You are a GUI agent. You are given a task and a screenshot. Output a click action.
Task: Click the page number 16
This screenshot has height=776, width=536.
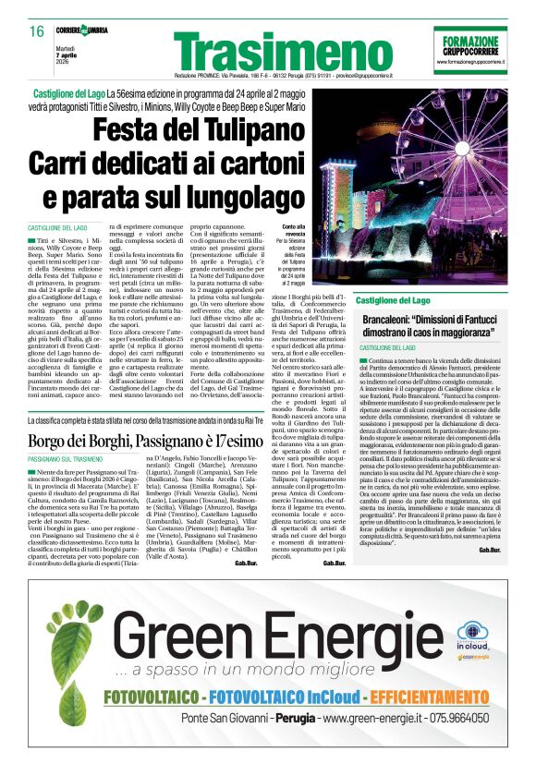[x=36, y=31]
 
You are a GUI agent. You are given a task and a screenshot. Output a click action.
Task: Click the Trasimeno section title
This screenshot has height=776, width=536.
[x=270, y=51]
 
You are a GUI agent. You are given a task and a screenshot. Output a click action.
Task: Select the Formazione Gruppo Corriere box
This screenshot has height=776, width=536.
[x=470, y=48]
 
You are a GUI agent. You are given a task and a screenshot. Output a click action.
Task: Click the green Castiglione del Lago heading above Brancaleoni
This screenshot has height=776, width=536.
[x=393, y=301]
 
